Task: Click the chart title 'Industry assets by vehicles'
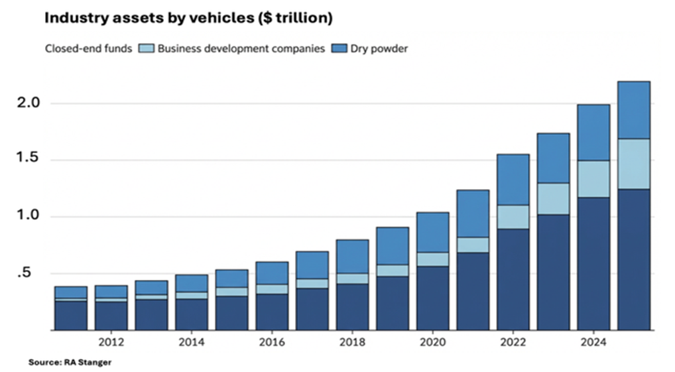coord(188,19)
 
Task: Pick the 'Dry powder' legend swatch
coord(337,48)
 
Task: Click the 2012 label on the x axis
coord(111,343)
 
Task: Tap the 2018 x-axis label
coord(352,343)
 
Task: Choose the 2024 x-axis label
coord(593,343)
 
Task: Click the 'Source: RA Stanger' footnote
coord(70,363)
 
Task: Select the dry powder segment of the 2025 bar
coord(633,110)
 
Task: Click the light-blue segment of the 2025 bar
coord(633,164)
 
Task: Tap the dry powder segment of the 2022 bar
coord(513,180)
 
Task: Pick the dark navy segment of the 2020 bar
coord(432,298)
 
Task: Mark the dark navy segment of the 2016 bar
coord(272,312)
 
